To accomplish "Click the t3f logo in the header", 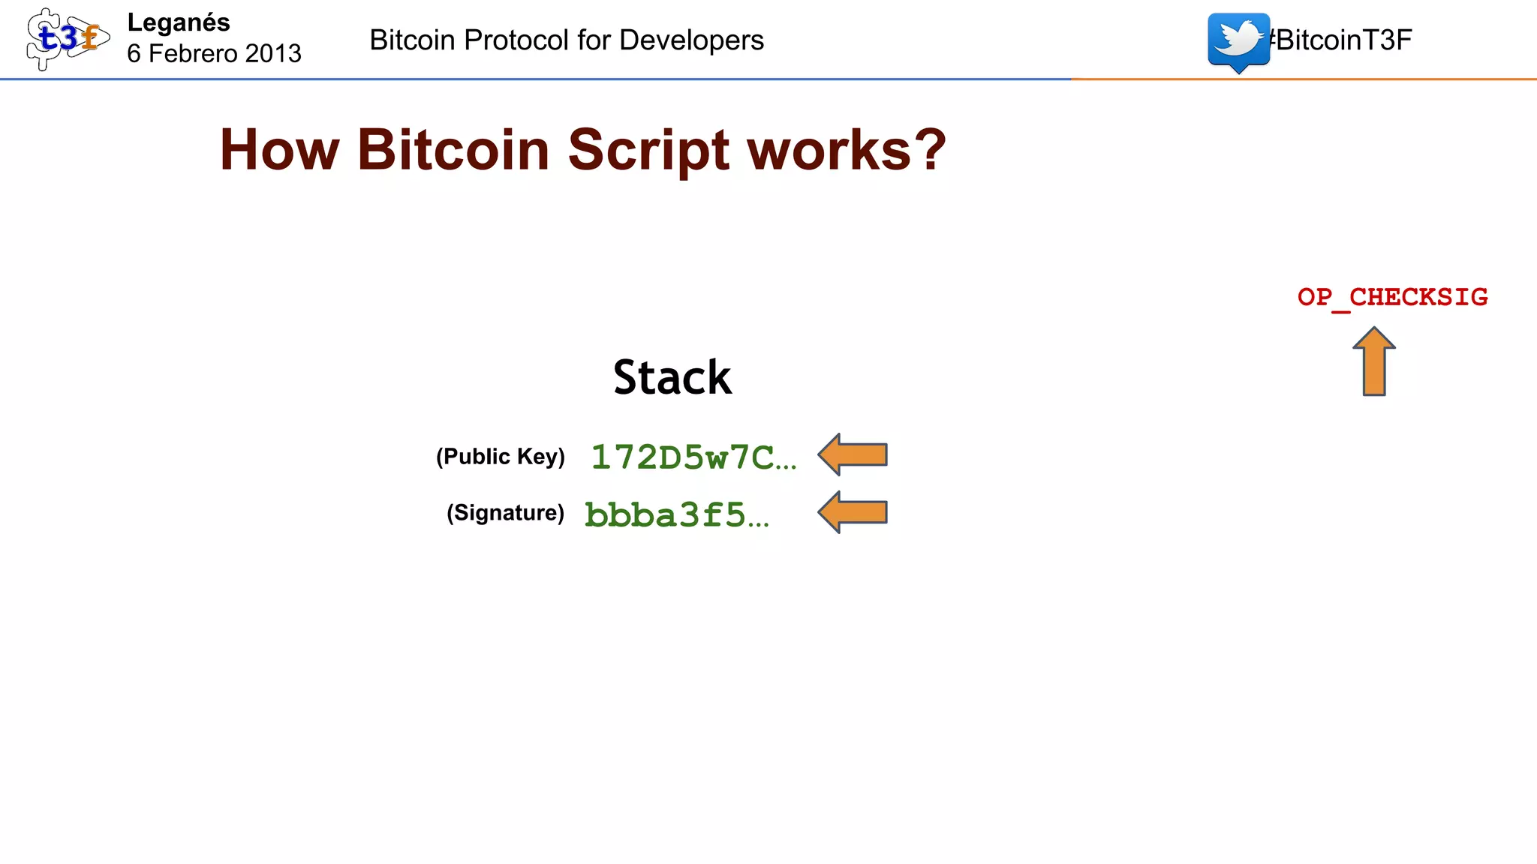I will (x=66, y=39).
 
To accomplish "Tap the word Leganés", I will (x=179, y=22).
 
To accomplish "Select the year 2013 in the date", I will (x=273, y=53).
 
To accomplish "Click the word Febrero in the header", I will (x=193, y=53).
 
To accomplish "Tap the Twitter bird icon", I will (x=1238, y=40).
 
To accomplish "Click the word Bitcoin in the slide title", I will (x=454, y=150).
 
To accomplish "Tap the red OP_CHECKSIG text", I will (x=1392, y=297).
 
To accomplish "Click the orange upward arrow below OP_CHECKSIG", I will (x=1374, y=361).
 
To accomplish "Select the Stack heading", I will (x=672, y=376).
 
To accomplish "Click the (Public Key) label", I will (x=501, y=456).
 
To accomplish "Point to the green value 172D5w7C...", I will (x=692, y=457).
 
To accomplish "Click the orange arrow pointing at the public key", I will (x=853, y=454).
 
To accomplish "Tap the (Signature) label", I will (x=505, y=513).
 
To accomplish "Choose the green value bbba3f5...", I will (x=675, y=514).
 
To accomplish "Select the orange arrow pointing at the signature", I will (x=853, y=512).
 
